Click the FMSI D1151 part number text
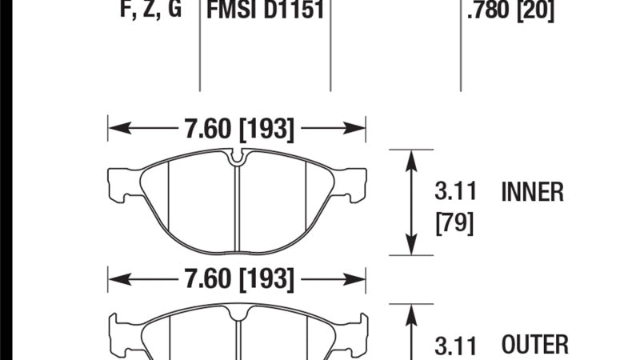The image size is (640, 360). [266, 9]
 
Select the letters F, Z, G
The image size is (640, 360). [150, 9]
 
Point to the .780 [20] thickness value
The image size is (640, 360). [510, 10]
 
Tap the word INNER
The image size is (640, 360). [532, 192]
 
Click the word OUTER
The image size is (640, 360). [534, 345]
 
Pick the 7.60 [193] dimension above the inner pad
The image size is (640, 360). [239, 129]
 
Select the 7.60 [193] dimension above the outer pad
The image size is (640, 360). [239, 278]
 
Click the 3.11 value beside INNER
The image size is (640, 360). [455, 191]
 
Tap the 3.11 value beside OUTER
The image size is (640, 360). [455, 346]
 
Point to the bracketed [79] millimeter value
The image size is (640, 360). [454, 223]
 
